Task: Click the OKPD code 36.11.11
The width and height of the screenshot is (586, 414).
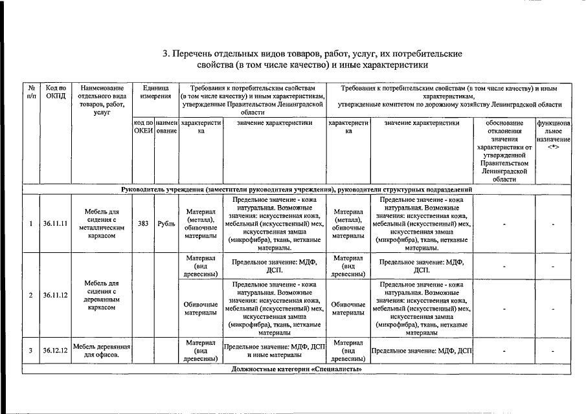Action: (x=56, y=224)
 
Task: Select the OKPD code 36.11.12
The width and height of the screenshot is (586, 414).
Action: (x=56, y=295)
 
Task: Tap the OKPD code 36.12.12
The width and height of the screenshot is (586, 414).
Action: (x=56, y=351)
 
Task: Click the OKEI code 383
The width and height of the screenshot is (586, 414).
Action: (x=144, y=224)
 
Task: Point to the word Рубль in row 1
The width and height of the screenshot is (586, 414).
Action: (x=166, y=224)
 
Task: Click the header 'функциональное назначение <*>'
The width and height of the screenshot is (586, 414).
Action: (x=553, y=135)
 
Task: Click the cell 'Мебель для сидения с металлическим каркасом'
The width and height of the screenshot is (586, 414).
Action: (x=102, y=224)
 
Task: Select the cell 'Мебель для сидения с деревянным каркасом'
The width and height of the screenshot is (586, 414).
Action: (x=102, y=295)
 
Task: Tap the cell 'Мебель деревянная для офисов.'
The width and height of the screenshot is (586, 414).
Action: (x=102, y=351)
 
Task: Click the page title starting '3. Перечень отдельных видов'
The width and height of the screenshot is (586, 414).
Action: (x=295, y=59)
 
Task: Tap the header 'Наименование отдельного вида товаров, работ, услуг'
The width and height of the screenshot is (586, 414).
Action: (x=102, y=100)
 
